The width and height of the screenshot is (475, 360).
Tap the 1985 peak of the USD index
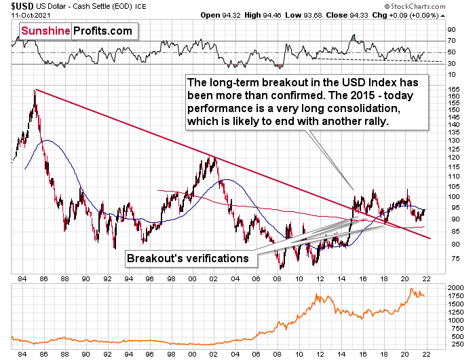coord(35,90)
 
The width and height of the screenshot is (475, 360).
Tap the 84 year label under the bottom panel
coord(22,354)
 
